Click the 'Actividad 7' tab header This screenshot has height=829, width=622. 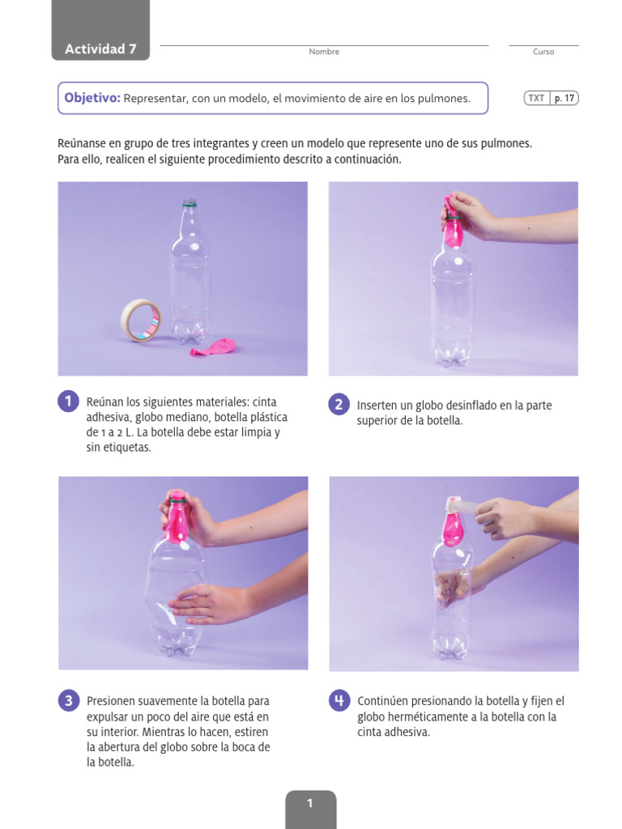tap(100, 49)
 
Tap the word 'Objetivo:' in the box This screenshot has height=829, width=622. tap(92, 98)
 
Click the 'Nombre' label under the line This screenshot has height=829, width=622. tap(324, 52)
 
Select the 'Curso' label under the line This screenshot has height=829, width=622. tap(543, 52)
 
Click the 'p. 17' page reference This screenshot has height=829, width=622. tap(564, 98)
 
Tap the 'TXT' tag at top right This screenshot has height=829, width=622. tap(536, 98)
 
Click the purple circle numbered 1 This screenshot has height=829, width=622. tap(69, 402)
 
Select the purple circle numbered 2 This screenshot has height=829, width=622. tap(339, 404)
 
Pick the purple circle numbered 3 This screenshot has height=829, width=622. tap(69, 701)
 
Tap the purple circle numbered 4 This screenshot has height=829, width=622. tap(339, 701)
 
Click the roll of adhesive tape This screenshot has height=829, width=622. tap(141, 320)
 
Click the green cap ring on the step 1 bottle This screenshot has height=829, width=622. tap(190, 206)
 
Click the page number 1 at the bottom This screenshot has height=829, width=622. tap(310, 803)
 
